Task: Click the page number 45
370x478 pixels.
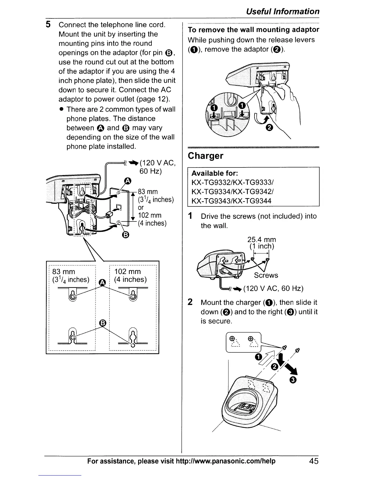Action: (313, 461)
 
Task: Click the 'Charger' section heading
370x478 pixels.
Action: (206, 156)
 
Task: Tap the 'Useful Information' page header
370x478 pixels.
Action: (282, 11)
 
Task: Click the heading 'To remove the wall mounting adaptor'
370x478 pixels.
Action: (253, 30)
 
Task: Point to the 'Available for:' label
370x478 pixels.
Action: (215, 174)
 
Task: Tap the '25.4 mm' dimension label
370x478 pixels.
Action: (261, 240)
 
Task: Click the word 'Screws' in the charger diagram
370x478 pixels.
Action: (266, 275)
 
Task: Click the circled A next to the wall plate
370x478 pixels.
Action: (128, 181)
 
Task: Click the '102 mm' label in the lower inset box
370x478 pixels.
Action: (128, 271)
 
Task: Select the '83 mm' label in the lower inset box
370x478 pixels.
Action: (63, 271)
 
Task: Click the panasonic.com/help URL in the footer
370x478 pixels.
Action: (226, 461)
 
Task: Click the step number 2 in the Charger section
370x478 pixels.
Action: (190, 302)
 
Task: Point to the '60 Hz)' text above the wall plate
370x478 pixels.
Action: (150, 171)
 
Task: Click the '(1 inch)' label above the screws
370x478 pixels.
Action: (261, 246)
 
